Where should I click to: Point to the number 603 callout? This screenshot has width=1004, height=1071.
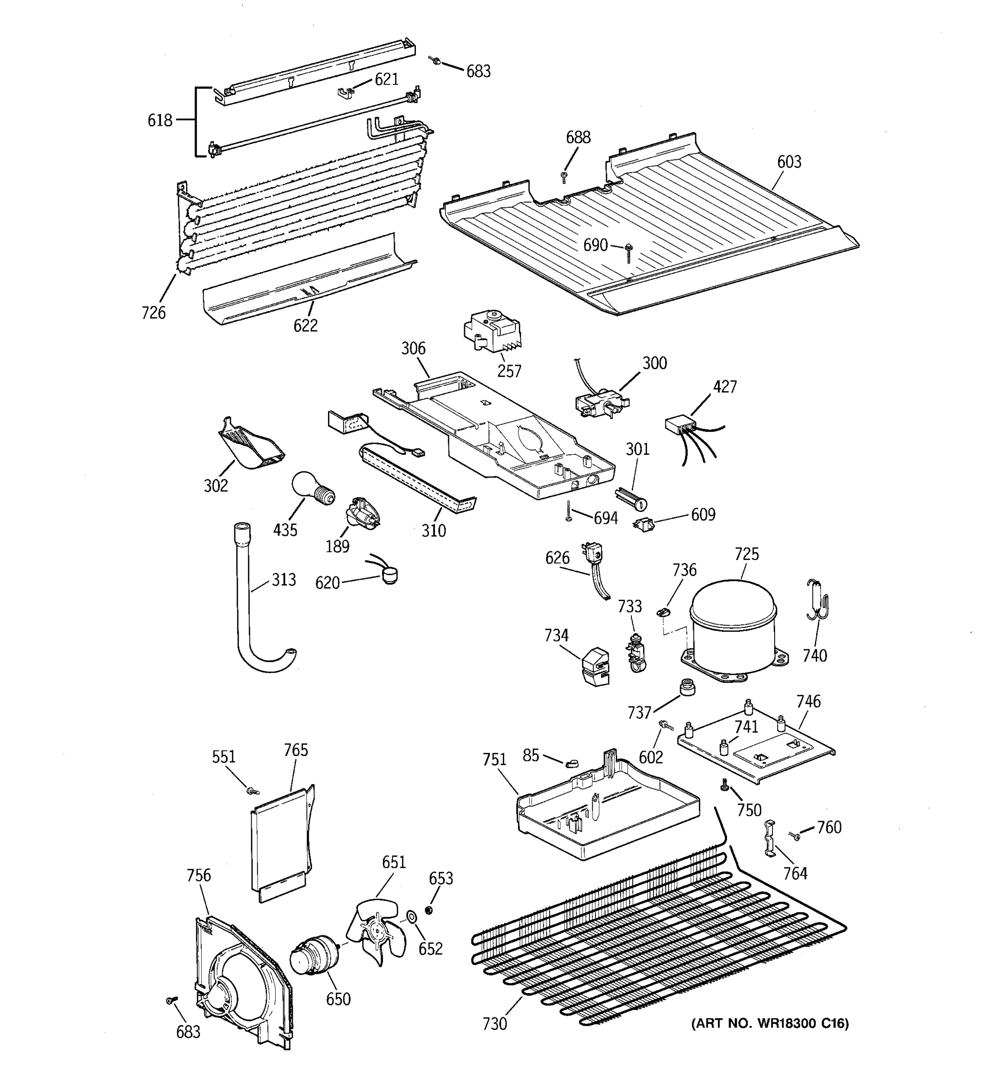coord(788,162)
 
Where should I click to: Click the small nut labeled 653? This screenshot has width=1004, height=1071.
coord(429,910)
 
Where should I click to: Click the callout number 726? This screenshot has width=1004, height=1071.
coord(154,312)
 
